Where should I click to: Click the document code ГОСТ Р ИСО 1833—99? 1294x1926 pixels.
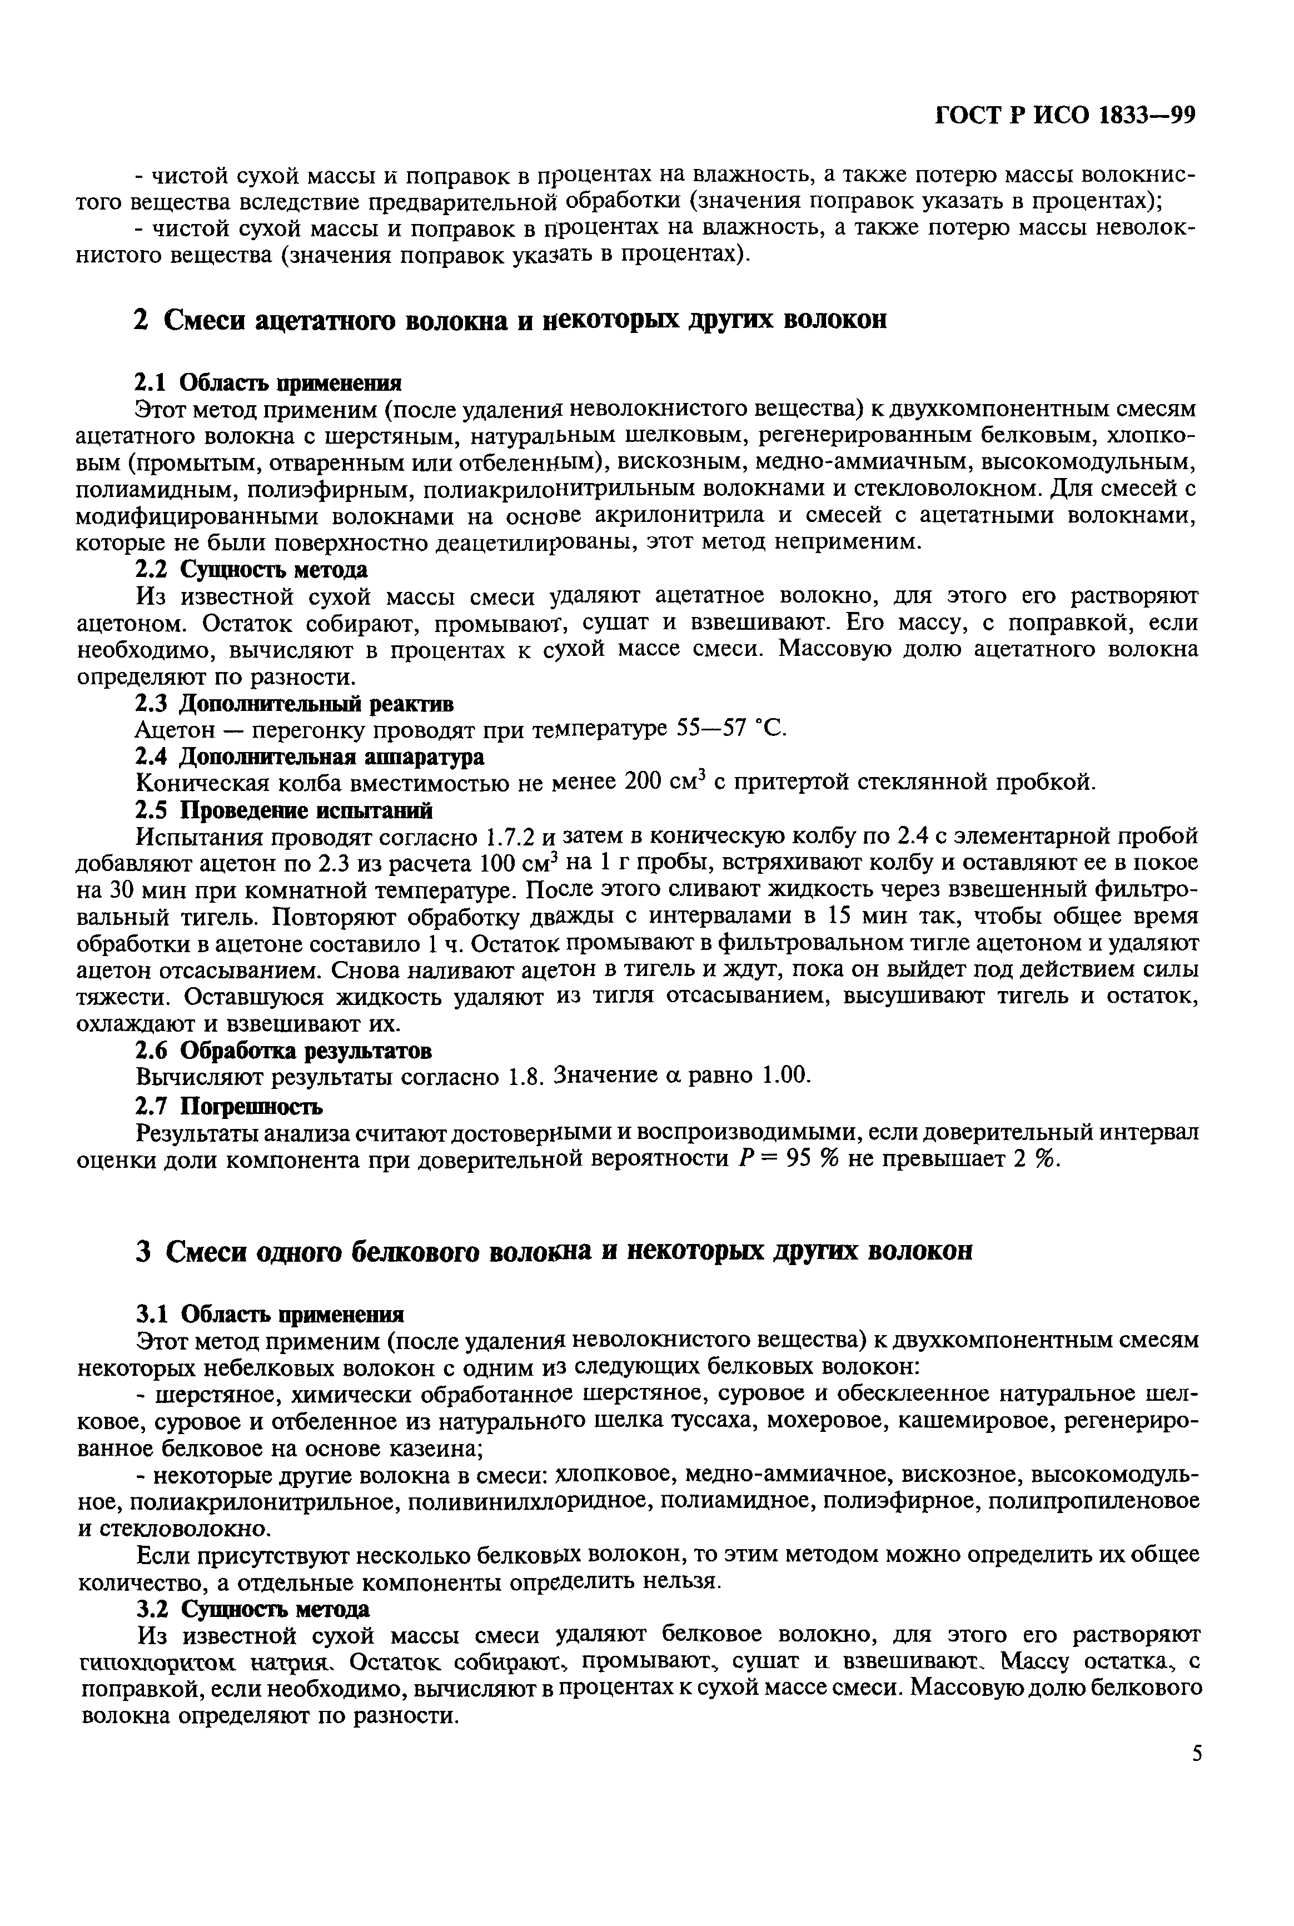1064,116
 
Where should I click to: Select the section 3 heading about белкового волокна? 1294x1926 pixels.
553,1252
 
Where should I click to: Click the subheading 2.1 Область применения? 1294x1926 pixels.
268,383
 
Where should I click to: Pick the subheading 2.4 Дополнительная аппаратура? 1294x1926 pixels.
310,756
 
